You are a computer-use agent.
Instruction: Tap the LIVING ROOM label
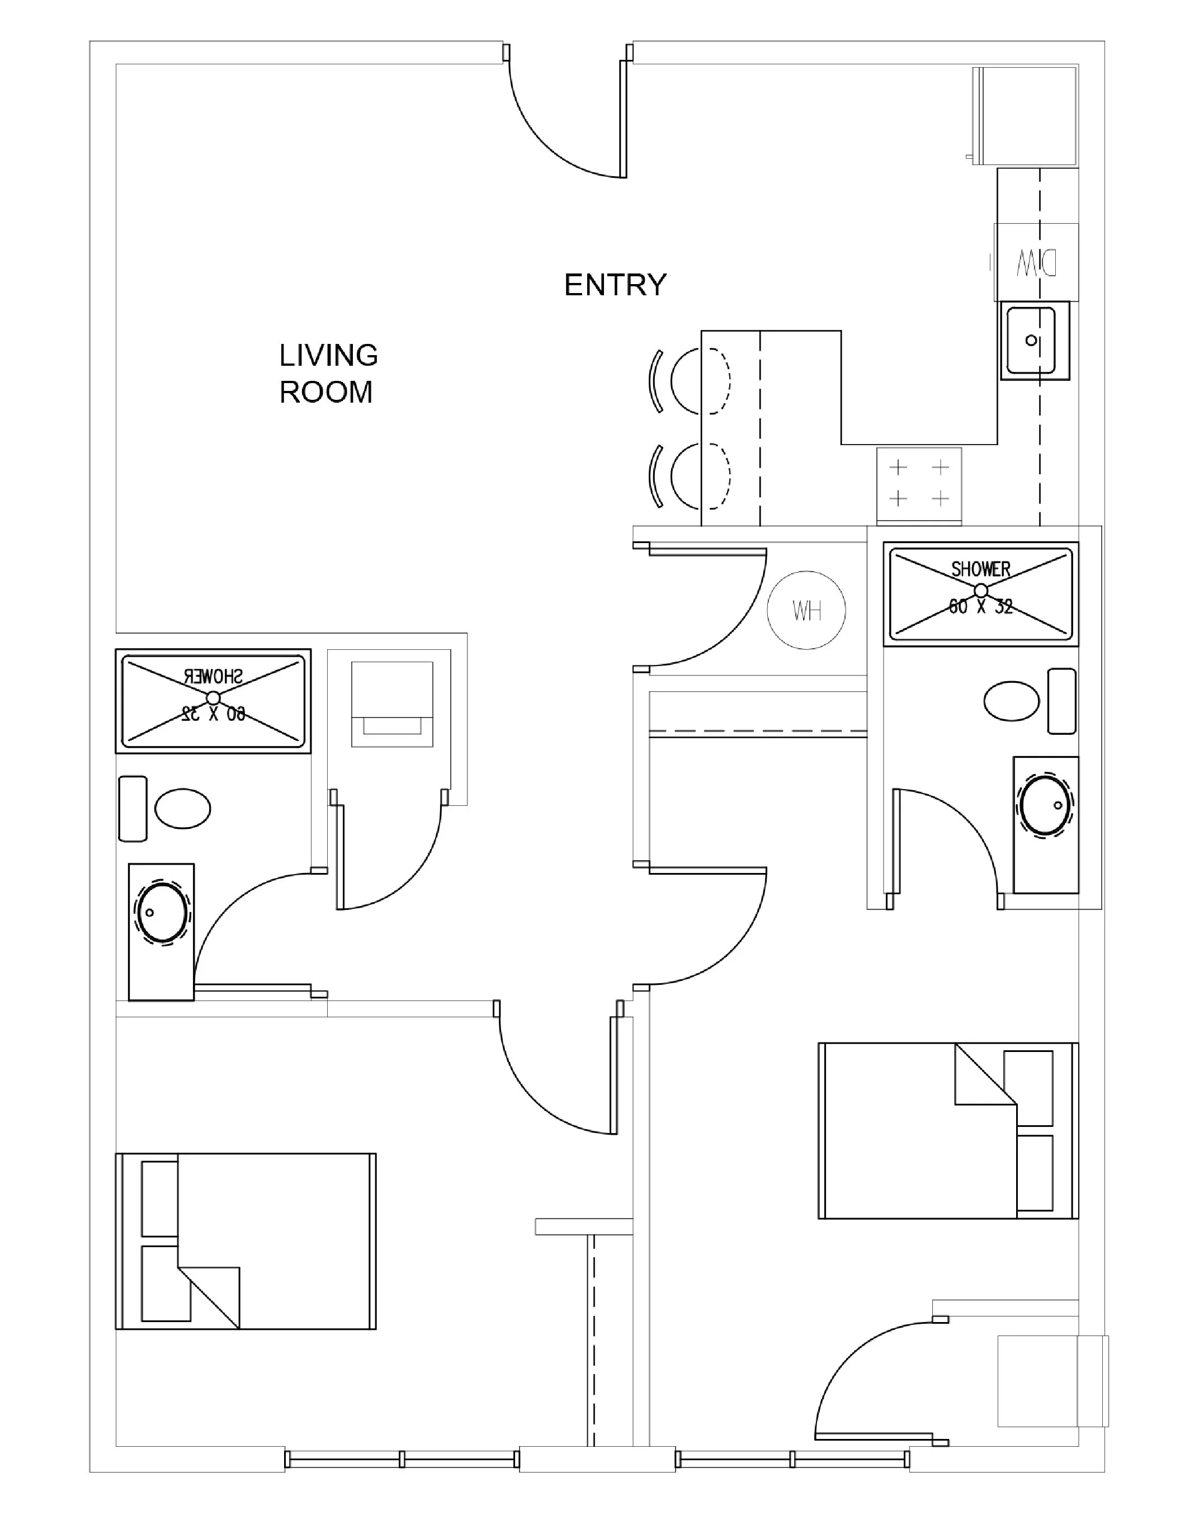click(328, 374)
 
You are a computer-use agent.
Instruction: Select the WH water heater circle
click(806, 610)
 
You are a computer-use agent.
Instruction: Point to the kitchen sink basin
click(1031, 341)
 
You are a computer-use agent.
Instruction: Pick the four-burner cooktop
click(919, 484)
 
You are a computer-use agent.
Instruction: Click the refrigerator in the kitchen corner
click(1026, 116)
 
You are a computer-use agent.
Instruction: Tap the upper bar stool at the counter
click(698, 381)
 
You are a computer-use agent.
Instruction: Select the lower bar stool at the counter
click(698, 476)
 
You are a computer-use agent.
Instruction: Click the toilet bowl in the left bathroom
click(182, 809)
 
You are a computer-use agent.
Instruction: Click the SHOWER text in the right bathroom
click(981, 569)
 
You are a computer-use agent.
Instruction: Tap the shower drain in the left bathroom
click(214, 697)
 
